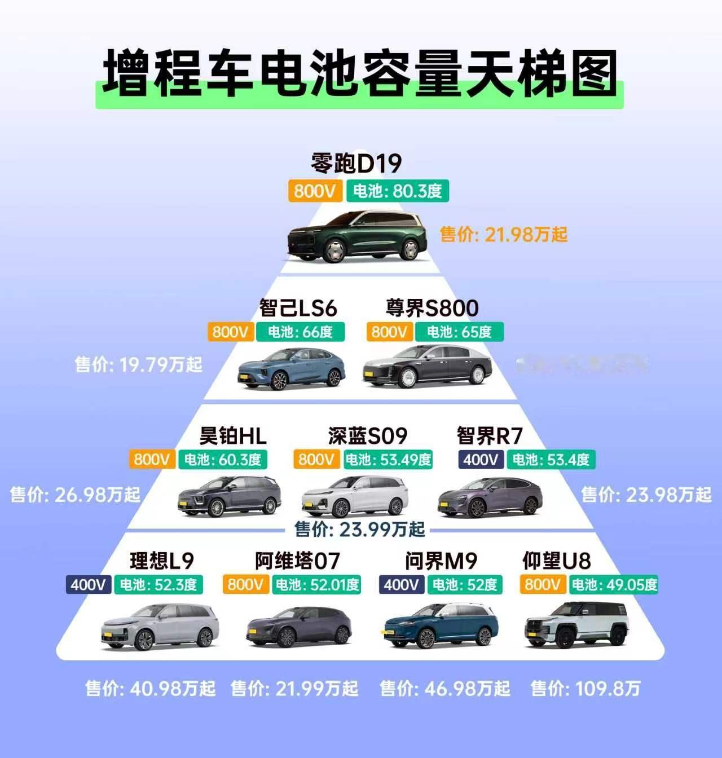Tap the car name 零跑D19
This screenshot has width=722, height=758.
(x=356, y=164)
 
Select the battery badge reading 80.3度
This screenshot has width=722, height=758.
(x=398, y=191)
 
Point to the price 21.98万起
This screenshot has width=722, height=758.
(x=504, y=234)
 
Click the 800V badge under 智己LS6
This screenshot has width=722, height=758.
(x=230, y=332)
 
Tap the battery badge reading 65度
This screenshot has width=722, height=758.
(x=459, y=332)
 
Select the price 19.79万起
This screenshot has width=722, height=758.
(x=139, y=364)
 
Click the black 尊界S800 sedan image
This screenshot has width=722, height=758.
(x=427, y=367)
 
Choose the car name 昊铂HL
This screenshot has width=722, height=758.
(x=233, y=435)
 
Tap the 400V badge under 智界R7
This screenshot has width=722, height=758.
(x=481, y=460)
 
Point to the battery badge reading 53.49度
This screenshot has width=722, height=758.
(x=388, y=460)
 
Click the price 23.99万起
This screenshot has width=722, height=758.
(x=360, y=529)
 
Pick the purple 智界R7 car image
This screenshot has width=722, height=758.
(x=490, y=496)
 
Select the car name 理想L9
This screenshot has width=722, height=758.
(x=162, y=561)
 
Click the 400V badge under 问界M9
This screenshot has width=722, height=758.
(x=400, y=584)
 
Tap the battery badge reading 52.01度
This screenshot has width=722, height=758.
(x=316, y=584)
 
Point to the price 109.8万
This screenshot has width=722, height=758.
(x=585, y=688)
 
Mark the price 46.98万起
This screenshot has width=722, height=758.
(x=445, y=688)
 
